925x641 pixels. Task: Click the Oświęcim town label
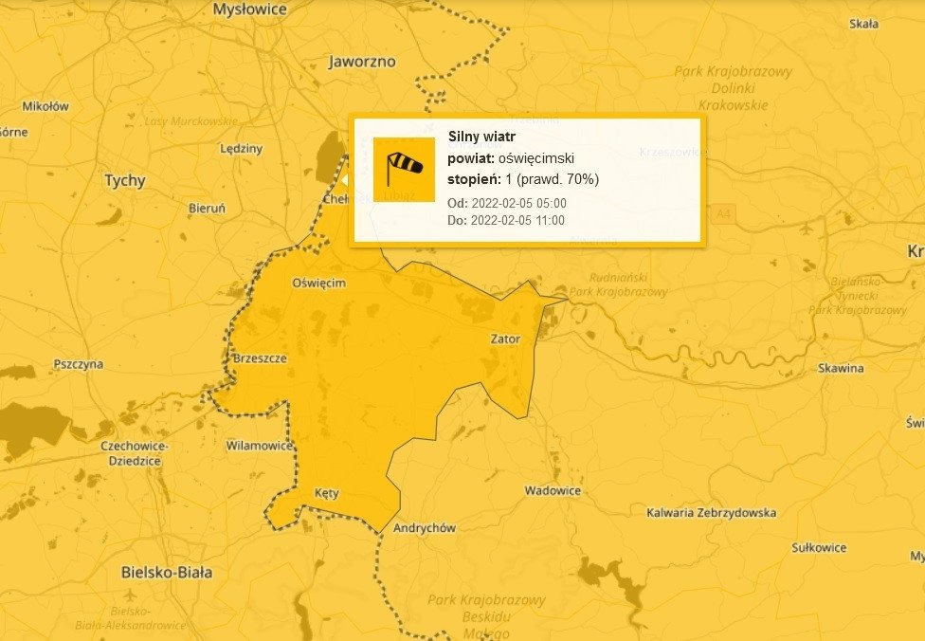(319, 283)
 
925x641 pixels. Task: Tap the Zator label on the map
(505, 338)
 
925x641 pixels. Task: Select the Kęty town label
(325, 493)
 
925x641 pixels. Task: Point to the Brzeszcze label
(260, 358)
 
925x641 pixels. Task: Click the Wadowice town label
(553, 490)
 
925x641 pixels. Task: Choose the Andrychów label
(424, 527)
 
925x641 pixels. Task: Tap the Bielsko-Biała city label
(167, 572)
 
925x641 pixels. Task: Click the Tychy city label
(124, 180)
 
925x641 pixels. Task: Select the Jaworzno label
(361, 62)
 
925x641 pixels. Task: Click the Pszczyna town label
(79, 364)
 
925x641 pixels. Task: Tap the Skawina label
(841, 368)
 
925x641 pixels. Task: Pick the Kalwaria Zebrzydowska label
(711, 513)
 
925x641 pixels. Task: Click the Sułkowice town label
(819, 547)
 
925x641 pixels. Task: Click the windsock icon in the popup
(404, 169)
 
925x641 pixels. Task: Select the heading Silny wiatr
(481, 137)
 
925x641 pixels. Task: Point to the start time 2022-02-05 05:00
(518, 203)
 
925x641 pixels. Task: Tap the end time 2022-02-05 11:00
(517, 220)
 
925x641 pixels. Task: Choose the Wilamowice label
(259, 445)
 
